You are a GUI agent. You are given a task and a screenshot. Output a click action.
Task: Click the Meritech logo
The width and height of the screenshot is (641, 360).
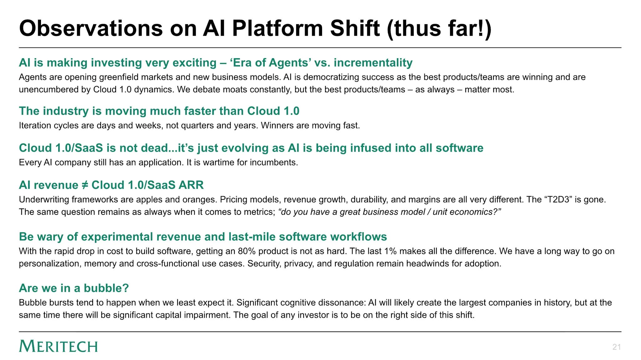coord(58,346)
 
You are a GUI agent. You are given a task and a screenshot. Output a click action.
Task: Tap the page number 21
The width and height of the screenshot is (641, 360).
coord(617,347)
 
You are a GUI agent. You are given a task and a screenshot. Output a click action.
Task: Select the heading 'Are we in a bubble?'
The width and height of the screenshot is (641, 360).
coord(74,288)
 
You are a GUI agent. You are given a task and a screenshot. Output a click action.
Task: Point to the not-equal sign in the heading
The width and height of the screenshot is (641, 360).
coord(85,185)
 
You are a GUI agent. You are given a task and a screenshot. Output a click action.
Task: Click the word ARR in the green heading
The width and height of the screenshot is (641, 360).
coord(191,185)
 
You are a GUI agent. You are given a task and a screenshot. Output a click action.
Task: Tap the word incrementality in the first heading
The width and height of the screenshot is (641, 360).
coord(373,63)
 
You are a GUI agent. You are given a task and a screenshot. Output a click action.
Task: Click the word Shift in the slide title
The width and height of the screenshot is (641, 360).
coord(355,28)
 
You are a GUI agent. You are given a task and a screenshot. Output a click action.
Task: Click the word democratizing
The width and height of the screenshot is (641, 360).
coord(329,77)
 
